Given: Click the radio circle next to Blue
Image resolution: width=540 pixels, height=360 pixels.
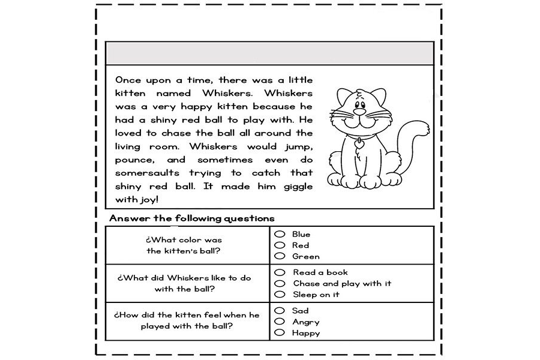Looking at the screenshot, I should click(x=279, y=234).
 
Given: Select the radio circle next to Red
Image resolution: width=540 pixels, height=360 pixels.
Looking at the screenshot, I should click(x=279, y=245).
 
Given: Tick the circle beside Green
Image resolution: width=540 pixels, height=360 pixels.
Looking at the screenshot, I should click(x=279, y=256).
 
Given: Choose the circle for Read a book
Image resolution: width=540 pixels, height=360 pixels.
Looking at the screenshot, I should click(x=279, y=272).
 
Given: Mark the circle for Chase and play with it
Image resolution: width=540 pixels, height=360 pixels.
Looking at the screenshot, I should click(x=279, y=283).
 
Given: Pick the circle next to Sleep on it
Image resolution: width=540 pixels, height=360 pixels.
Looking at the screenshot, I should click(x=279, y=294).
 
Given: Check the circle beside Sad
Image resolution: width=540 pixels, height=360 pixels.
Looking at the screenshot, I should click(x=279, y=310).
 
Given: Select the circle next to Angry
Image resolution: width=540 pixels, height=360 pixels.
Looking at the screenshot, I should click(x=279, y=322).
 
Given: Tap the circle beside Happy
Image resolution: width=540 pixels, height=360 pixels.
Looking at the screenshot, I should click(x=279, y=332).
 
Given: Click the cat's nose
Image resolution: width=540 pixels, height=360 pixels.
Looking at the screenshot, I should click(x=359, y=111).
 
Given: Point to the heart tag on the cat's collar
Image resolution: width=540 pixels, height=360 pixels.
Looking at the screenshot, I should click(x=359, y=144).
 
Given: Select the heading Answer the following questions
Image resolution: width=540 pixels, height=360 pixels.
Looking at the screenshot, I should click(x=192, y=218).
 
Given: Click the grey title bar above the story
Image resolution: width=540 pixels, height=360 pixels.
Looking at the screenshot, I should click(x=269, y=53).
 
